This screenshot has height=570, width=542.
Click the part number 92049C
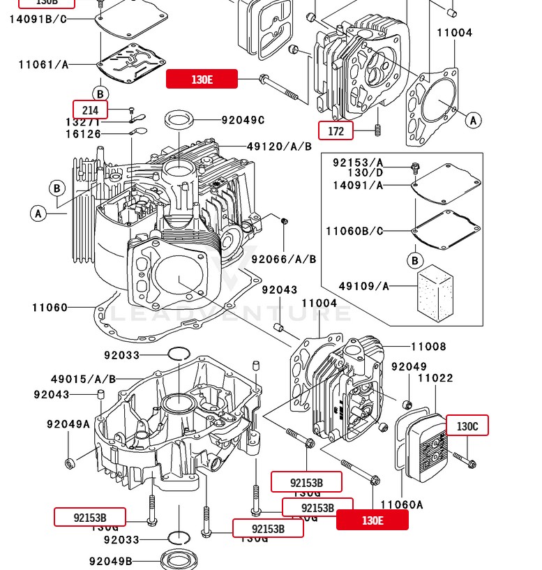pos(243,120)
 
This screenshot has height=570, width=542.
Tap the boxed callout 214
pos(91,110)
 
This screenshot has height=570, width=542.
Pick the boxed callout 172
pos(336,130)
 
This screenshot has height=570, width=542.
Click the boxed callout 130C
pos(467,426)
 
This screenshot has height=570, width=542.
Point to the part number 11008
pos(428,347)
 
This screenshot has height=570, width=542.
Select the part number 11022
pos(435,378)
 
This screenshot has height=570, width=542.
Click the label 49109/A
pos(364,286)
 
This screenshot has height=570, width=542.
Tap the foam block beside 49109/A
pos(435,291)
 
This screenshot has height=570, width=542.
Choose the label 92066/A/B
pos(284,260)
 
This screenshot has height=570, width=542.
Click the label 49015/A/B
pos(83,380)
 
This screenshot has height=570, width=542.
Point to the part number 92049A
pos(68,424)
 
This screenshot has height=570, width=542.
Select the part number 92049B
pos(110,562)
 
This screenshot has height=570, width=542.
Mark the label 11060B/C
pos(354,231)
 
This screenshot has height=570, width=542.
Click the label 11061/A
pos(44,65)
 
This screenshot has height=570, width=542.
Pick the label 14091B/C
pos(38,19)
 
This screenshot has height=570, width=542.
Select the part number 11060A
pos(402,505)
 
